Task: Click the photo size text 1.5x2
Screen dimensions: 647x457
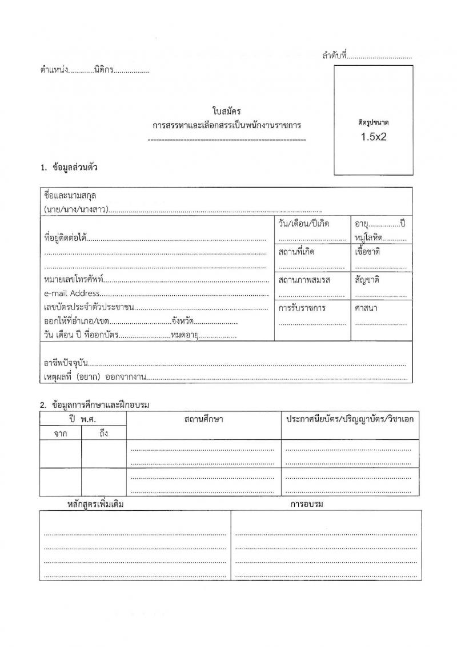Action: click(373, 137)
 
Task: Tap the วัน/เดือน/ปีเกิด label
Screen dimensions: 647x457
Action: click(304, 223)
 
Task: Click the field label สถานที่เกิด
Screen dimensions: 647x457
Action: click(296, 252)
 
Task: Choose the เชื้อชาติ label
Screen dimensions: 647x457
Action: click(367, 252)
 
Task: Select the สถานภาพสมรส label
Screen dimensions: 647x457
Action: click(304, 280)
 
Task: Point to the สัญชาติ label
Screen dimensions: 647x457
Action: click(367, 280)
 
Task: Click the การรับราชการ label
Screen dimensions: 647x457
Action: click(302, 308)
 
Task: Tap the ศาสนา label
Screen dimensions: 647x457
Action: click(366, 308)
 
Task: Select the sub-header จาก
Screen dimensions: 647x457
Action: click(61, 434)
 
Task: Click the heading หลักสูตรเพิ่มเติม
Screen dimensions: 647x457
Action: click(95, 505)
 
